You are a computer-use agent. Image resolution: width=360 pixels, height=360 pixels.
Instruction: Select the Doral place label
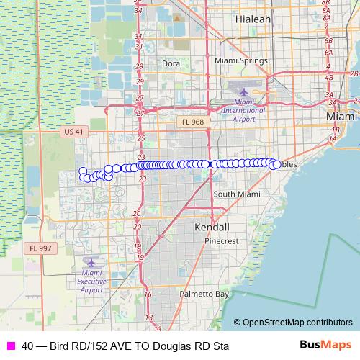coord(171,63)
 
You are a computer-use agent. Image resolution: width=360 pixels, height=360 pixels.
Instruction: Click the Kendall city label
coord(212,227)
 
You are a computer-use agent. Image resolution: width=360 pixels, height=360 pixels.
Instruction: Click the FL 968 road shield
coord(192,122)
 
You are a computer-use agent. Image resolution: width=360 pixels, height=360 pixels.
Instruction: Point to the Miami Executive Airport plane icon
coord(91,263)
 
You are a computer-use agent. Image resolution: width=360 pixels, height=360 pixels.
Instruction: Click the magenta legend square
coord(9,346)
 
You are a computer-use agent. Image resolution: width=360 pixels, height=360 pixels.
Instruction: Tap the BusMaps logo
coord(325,346)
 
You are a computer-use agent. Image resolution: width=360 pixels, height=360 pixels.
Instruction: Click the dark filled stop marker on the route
coord(209,164)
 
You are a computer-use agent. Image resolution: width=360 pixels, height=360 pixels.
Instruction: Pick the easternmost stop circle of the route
coord(276,165)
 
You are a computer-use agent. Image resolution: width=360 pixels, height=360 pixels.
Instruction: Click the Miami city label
coord(341,116)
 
